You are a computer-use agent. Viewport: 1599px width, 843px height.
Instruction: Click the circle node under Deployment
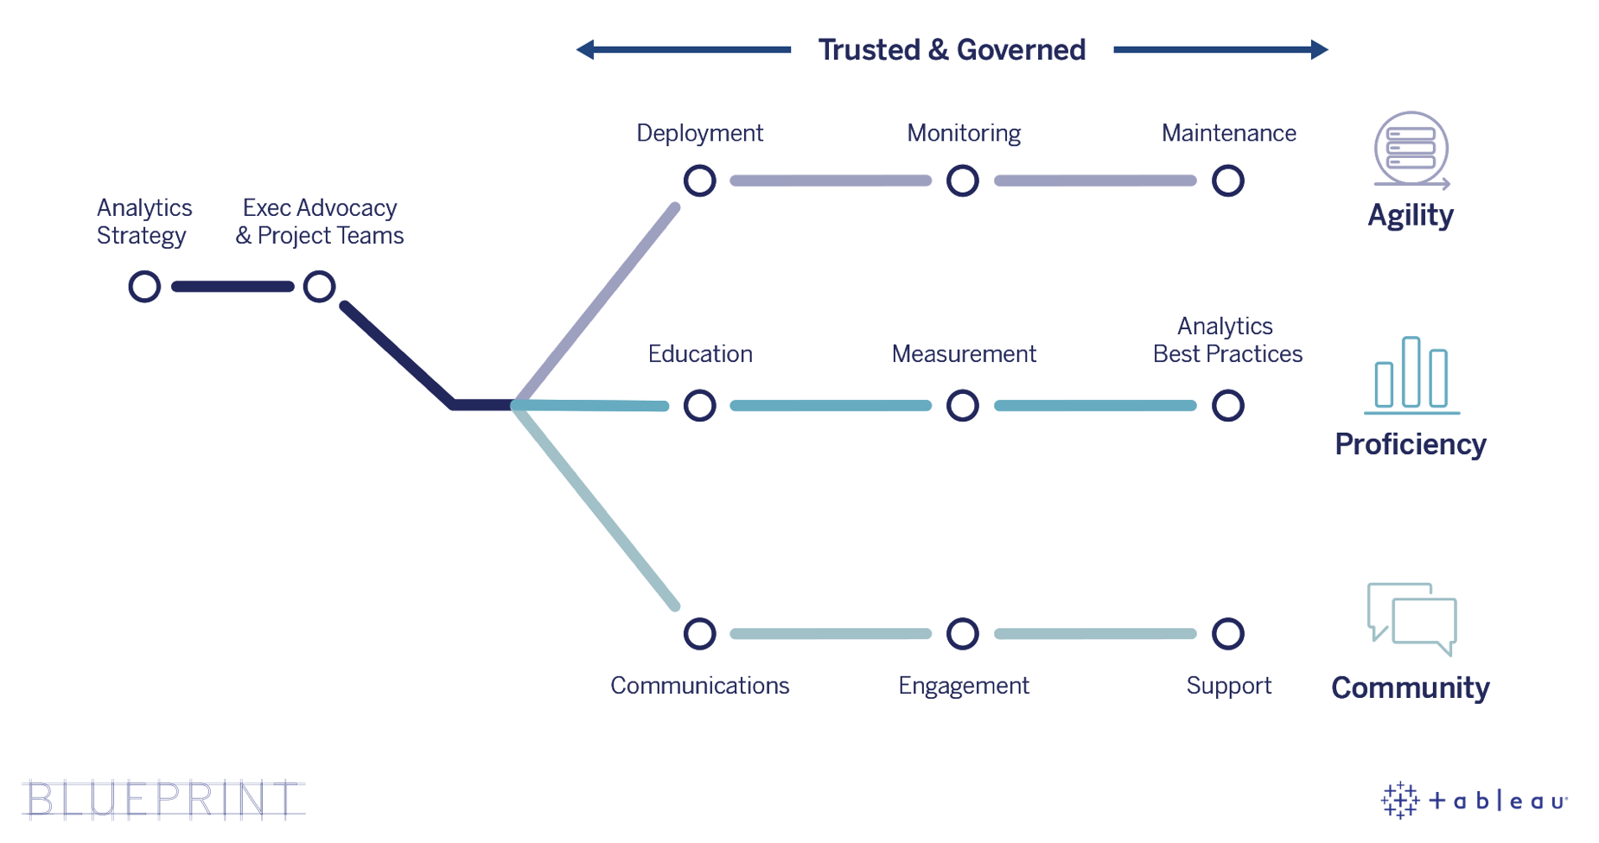click(699, 181)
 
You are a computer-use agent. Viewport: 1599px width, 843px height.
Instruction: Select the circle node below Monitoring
click(962, 181)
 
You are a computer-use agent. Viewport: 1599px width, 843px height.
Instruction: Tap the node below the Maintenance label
click(1227, 181)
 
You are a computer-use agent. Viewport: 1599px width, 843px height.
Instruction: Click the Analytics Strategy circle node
click(144, 286)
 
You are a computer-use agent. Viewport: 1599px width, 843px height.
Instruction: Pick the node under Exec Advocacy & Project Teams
click(319, 286)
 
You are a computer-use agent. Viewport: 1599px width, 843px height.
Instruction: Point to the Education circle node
click(699, 405)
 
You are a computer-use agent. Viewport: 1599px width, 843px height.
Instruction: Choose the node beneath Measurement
click(962, 405)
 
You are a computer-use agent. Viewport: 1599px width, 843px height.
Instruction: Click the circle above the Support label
click(1227, 633)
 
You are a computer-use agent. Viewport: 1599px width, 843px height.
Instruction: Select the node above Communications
click(699, 633)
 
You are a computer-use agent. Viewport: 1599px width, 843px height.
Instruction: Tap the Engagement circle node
click(962, 633)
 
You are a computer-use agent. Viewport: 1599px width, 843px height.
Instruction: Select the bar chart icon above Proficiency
click(1411, 375)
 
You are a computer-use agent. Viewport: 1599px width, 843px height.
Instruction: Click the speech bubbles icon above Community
click(1411, 618)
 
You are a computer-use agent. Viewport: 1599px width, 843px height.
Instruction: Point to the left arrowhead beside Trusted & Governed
click(586, 49)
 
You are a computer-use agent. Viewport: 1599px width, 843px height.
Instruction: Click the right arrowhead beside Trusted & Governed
click(1319, 49)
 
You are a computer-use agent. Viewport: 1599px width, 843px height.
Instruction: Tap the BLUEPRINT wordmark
click(163, 799)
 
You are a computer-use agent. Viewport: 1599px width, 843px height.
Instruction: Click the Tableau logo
click(1474, 801)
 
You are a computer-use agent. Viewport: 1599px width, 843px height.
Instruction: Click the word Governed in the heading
click(1021, 50)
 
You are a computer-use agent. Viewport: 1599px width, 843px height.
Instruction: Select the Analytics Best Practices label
click(1226, 340)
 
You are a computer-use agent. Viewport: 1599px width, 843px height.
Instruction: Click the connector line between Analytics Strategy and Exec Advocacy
click(233, 286)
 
